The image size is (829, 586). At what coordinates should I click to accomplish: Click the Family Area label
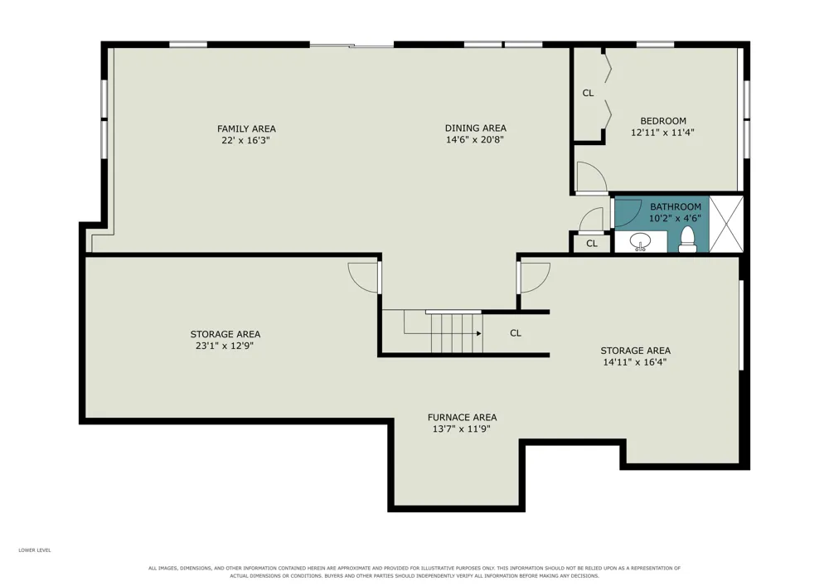246,128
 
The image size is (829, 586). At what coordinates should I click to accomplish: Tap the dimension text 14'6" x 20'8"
475,140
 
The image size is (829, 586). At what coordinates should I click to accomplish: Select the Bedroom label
663,121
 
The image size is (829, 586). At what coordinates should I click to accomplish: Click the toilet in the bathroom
686,239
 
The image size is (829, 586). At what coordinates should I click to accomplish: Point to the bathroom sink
641,243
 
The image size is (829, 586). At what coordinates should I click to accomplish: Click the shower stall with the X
726,224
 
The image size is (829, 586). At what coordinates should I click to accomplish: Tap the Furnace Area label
462,418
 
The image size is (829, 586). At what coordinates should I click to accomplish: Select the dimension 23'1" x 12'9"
225,346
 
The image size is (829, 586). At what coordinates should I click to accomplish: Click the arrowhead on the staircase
478,333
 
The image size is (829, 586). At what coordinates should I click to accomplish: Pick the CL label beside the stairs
516,333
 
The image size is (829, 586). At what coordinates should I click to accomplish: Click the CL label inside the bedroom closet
588,93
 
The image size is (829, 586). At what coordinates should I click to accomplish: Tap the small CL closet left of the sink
592,244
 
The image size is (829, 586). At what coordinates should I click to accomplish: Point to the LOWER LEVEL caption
35,550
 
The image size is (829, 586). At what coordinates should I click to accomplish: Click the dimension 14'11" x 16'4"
635,362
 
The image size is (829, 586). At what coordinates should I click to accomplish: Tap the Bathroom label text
675,206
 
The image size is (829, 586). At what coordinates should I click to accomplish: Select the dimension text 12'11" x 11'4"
662,133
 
